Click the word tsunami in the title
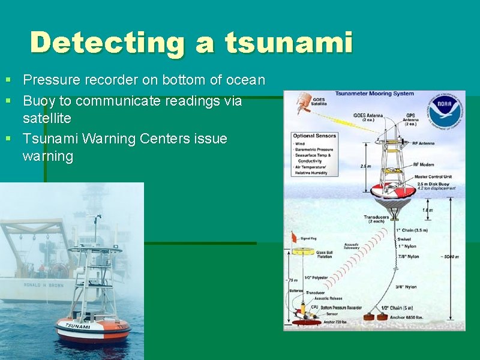289,43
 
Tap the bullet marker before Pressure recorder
8,79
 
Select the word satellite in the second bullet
47,118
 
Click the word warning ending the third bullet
47,157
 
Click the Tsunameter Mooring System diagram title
374,94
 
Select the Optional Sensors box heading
312,136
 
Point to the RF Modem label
424,164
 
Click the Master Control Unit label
433,177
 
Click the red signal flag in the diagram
295,236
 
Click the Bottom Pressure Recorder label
341,308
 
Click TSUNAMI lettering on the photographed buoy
77,326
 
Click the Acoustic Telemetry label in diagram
352,247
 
